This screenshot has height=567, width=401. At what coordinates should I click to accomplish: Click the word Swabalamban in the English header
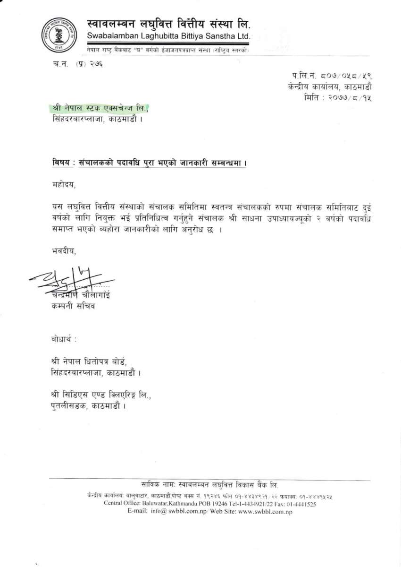(x=109, y=36)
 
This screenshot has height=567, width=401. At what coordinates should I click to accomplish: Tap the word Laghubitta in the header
(x=155, y=36)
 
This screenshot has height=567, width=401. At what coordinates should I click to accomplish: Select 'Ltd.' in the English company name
(x=242, y=36)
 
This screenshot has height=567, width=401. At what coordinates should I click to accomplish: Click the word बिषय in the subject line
(x=61, y=162)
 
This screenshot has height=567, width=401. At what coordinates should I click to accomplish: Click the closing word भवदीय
(x=63, y=250)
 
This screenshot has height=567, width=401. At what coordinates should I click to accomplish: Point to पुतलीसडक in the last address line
(x=67, y=405)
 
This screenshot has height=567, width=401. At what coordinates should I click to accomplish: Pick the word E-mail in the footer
(x=137, y=512)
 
